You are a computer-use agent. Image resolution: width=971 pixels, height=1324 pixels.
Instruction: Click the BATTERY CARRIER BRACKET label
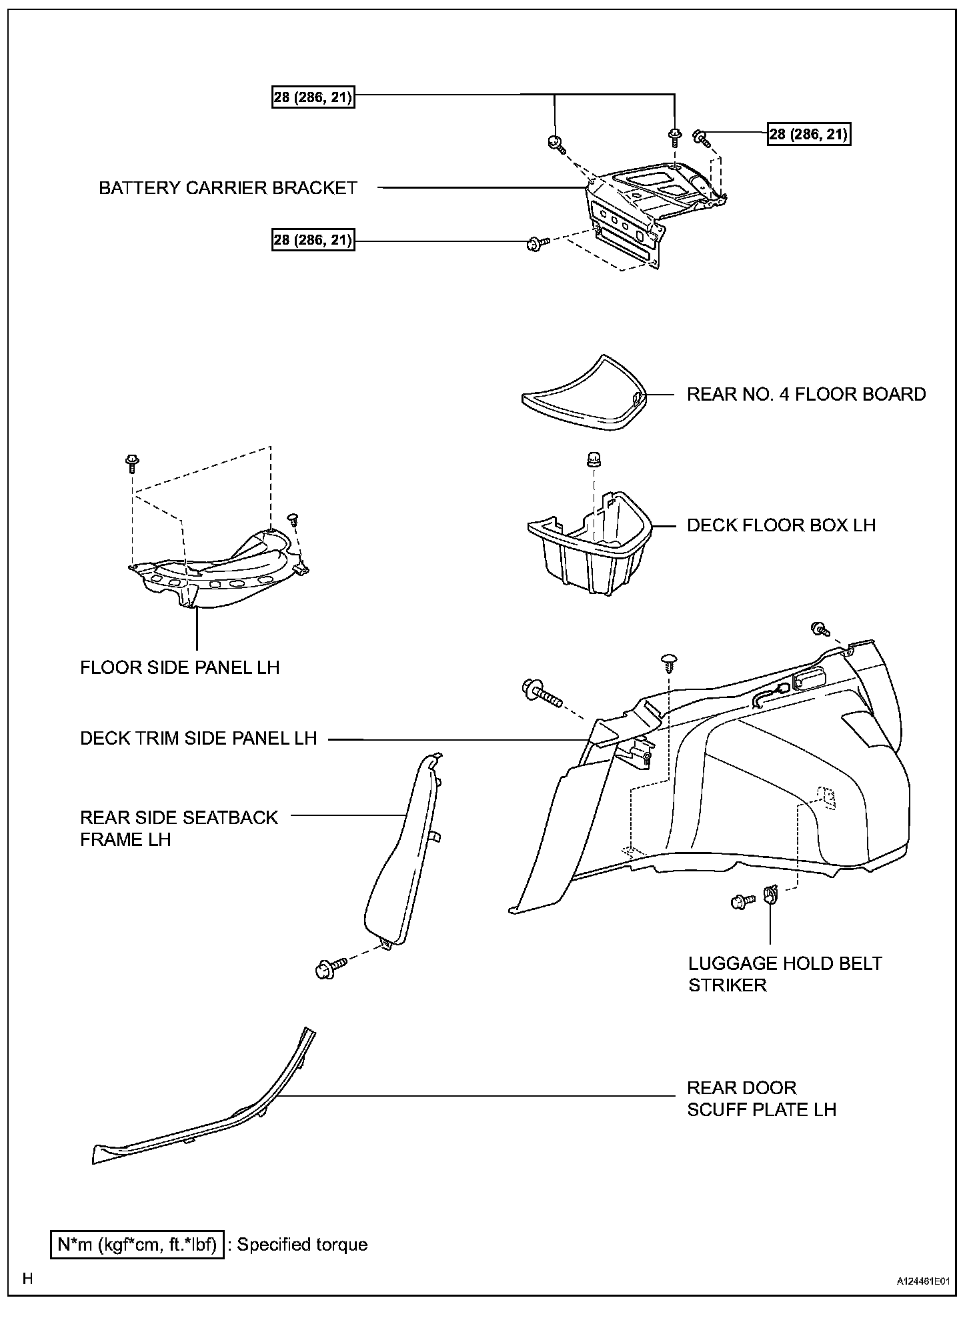coord(228,188)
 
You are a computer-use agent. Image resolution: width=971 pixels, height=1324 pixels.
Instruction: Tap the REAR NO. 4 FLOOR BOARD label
coord(806,394)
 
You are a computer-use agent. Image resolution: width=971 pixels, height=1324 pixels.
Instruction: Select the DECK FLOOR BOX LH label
coord(781,525)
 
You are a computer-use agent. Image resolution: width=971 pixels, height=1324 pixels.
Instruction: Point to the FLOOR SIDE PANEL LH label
coord(180,667)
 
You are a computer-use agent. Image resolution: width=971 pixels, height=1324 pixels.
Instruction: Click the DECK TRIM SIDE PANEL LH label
coord(198,739)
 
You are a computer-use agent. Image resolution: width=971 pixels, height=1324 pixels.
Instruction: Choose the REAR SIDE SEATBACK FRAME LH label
coord(179,828)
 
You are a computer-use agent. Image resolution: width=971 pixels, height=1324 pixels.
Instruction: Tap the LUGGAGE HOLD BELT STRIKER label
coord(785,974)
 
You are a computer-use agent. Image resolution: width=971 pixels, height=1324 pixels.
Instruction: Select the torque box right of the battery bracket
coord(809,135)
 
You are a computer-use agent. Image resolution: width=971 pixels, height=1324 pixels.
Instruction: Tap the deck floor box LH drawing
coord(587,543)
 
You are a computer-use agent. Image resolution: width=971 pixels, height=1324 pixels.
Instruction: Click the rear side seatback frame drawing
coord(400,860)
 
